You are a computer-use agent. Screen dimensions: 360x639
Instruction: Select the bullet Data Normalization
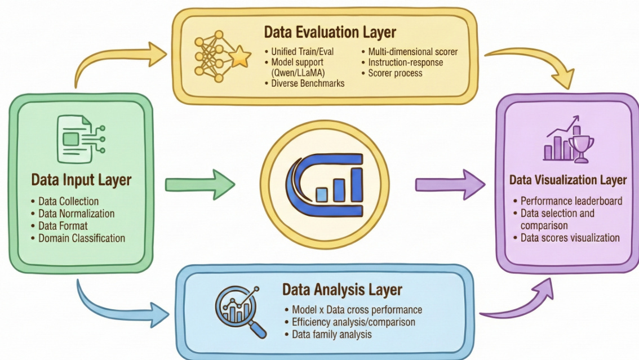click(x=76, y=214)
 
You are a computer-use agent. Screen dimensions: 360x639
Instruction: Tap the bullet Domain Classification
click(x=81, y=238)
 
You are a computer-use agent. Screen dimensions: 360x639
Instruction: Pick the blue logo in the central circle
click(x=324, y=180)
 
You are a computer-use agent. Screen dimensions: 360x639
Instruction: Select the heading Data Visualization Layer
click(x=567, y=180)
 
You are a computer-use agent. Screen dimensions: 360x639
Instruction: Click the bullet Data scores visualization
click(x=570, y=238)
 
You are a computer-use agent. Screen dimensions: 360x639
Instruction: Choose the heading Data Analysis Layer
click(x=342, y=290)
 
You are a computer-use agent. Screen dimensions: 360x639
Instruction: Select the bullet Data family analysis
click(x=332, y=334)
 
